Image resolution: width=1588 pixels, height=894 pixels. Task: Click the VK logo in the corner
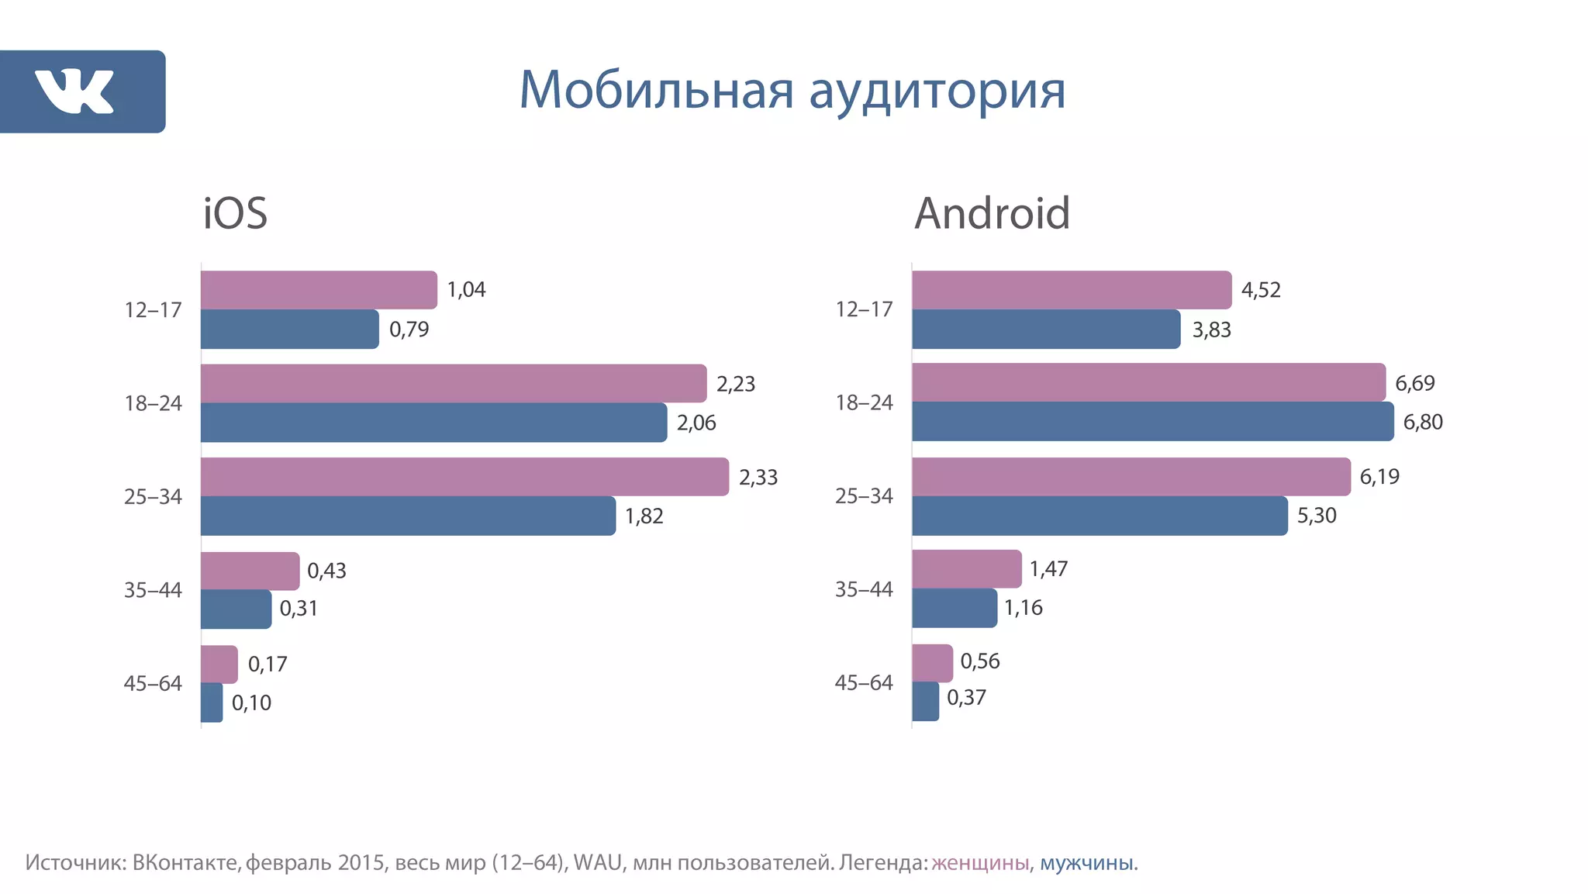coord(75,91)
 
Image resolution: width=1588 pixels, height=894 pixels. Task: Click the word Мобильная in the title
coord(656,91)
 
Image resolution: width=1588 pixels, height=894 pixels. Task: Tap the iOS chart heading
coord(235,213)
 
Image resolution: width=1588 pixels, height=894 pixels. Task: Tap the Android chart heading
coord(992,213)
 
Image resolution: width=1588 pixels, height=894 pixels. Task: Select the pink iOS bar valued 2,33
coord(464,477)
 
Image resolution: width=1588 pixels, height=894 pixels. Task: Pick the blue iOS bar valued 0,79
coord(289,330)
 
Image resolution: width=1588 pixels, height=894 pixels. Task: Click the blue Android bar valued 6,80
coord(1151,422)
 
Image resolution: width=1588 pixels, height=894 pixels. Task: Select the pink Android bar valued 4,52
coord(1071,290)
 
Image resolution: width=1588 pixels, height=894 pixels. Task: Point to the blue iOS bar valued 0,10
coord(212,702)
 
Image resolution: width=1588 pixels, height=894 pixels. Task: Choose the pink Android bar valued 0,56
coord(932,663)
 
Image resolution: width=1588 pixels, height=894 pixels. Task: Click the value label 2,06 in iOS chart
coord(696,423)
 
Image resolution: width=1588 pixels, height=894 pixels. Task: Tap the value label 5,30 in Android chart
coord(1317,516)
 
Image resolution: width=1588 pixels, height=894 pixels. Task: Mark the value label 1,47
coord(1048,569)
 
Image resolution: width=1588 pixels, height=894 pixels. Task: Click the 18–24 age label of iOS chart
coord(153,404)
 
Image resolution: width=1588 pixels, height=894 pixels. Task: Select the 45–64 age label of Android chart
coord(864,683)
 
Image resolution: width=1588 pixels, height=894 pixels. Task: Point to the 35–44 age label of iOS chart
coord(153,591)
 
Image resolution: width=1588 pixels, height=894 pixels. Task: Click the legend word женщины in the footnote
coord(980,863)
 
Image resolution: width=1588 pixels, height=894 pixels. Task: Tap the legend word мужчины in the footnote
coord(1086,863)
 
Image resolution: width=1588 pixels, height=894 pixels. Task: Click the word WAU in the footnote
coord(598,863)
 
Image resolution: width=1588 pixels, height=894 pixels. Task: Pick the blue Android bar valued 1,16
coord(954,608)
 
